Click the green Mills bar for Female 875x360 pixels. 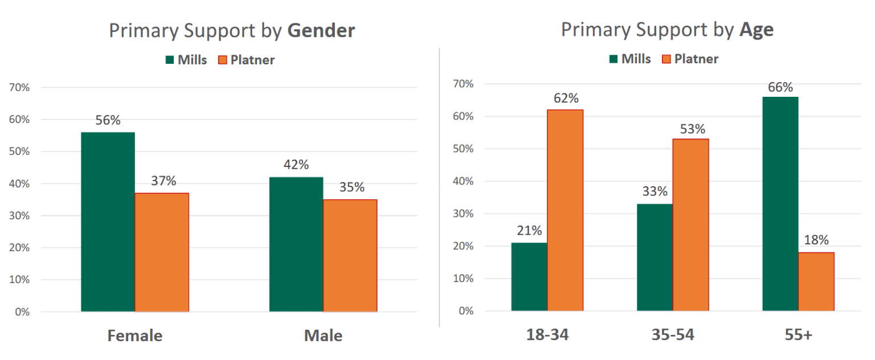[x=108, y=222]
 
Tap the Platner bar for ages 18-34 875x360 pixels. [x=565, y=210]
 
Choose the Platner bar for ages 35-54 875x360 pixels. [x=690, y=225]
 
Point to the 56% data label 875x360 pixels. [x=108, y=121]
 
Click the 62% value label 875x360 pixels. [x=566, y=99]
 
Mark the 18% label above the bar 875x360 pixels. [x=816, y=240]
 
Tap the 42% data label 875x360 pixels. [x=296, y=165]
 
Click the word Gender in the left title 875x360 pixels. [x=321, y=31]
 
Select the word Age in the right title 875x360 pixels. [x=756, y=30]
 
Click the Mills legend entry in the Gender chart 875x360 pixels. [x=186, y=60]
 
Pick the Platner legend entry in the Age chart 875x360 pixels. [x=690, y=59]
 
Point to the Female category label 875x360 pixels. [x=135, y=336]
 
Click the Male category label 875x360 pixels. [x=323, y=336]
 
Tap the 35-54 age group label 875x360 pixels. [x=673, y=334]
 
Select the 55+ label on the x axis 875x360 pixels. [x=798, y=334]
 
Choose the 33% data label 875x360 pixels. [x=655, y=192]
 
